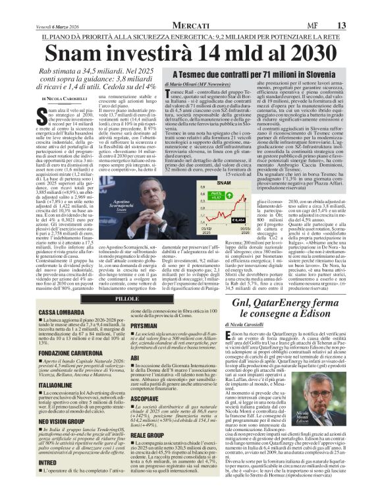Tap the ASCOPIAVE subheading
pos(146,398)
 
